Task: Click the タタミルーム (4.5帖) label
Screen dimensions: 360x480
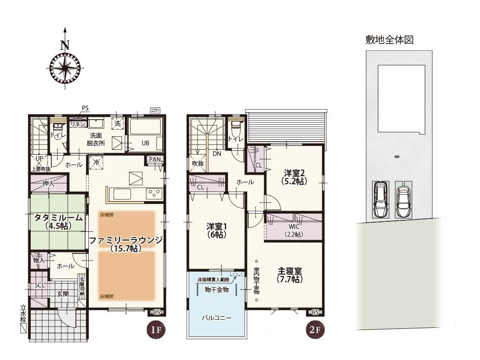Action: pyautogui.click(x=58, y=221)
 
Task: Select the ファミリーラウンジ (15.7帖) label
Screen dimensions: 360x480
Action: pyautogui.click(x=126, y=243)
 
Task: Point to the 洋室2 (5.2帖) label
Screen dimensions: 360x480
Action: pyautogui.click(x=294, y=177)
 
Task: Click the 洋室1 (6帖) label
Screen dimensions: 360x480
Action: pyautogui.click(x=216, y=230)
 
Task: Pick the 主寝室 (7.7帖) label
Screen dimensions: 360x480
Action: pyautogui.click(x=290, y=274)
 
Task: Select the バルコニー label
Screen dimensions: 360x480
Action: pyautogui.click(x=216, y=318)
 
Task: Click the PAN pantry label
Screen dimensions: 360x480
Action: pyautogui.click(x=155, y=159)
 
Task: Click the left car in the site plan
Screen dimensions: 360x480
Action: pyautogui.click(x=380, y=200)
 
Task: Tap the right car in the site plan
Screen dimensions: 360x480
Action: pyautogui.click(x=403, y=200)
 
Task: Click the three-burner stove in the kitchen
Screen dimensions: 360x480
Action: pyautogui.click(x=154, y=193)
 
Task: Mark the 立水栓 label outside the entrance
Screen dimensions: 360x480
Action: pyautogui.click(x=23, y=313)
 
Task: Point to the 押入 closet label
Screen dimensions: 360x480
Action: pyautogui.click(x=48, y=183)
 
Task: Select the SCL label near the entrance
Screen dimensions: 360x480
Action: pyautogui.click(x=39, y=285)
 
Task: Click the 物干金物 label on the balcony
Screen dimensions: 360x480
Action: pyautogui.click(x=216, y=290)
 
